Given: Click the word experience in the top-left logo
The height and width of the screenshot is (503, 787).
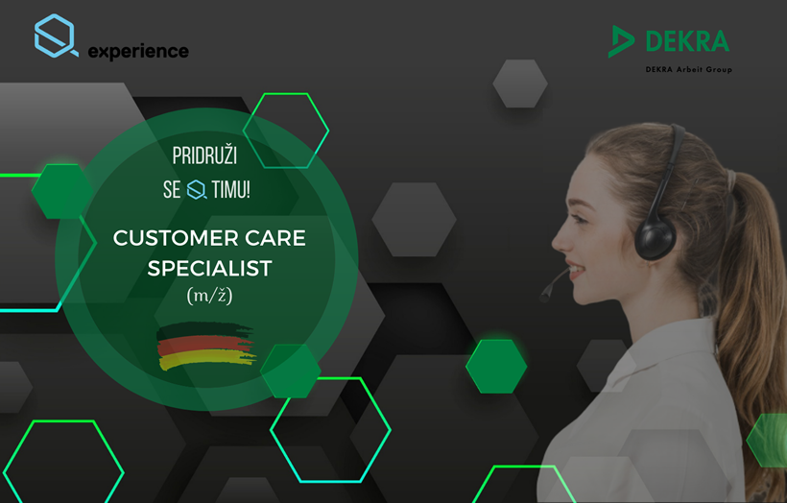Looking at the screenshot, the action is tap(138, 51).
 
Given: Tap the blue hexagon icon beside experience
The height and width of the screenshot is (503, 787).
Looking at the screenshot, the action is tap(56, 36).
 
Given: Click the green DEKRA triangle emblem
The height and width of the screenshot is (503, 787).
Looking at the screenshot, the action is tap(621, 41).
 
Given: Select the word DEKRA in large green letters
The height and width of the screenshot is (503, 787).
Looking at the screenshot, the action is tap(687, 41).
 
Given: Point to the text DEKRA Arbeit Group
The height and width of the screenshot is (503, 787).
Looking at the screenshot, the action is tap(689, 69).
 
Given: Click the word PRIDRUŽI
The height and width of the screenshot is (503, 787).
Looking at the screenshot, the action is tap(204, 156).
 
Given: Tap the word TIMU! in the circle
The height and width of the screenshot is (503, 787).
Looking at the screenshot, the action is tap(231, 190).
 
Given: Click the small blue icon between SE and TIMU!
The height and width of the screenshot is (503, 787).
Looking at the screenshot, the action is tap(196, 190).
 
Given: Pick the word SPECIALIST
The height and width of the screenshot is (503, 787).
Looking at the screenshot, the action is tap(210, 268).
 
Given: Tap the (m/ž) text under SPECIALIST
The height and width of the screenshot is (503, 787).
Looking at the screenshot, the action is tap(210, 295).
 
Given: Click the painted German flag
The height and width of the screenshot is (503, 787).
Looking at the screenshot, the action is tap(206, 346).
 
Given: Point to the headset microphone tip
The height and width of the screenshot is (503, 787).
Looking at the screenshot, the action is tap(544, 297).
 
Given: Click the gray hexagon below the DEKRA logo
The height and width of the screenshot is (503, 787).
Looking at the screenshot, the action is tap(520, 84).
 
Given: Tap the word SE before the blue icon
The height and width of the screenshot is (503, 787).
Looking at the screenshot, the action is tap(172, 190).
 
